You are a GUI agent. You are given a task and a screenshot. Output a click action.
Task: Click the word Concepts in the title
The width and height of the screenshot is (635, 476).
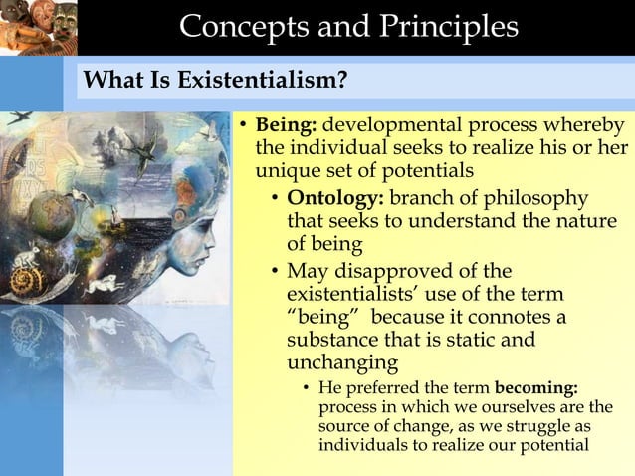click(x=242, y=27)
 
